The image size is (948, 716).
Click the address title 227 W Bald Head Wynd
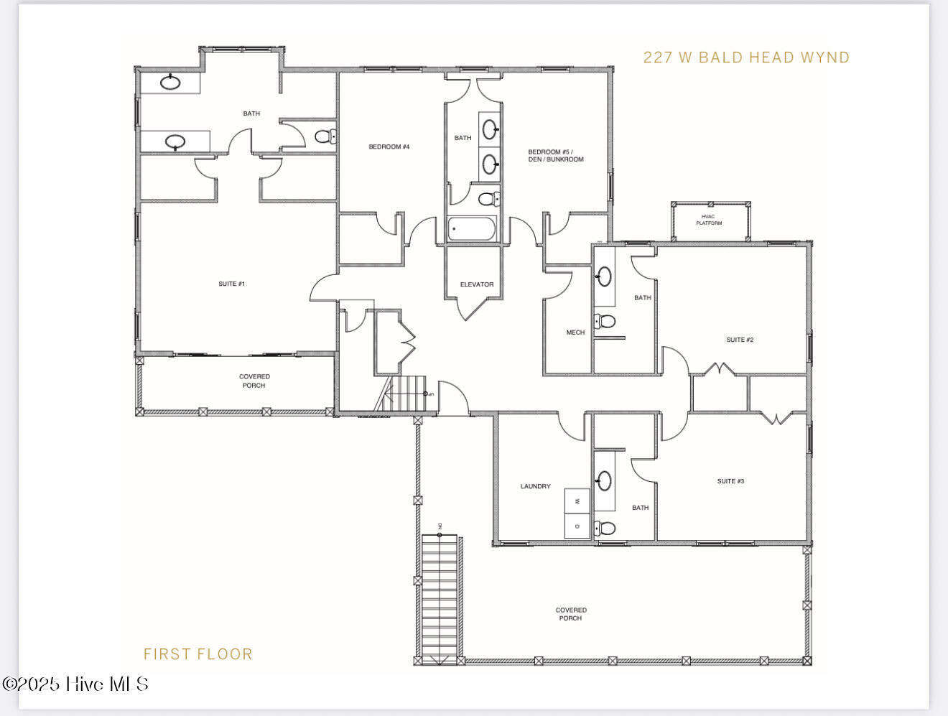tap(746, 57)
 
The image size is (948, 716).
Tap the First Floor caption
tap(198, 654)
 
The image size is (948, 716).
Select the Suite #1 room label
tap(231, 284)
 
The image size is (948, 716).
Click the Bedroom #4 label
tap(389, 147)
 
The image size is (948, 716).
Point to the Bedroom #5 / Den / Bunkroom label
tap(556, 155)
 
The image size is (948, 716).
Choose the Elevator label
tap(476, 284)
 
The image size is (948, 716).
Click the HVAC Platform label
tap(709, 219)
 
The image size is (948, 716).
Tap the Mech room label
tap(575, 333)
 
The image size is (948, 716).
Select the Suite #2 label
tap(740, 340)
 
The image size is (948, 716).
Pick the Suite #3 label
tap(730, 481)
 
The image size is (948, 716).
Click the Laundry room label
tap(535, 486)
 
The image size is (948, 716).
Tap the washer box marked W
tap(577, 501)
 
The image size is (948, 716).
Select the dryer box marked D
tap(577, 526)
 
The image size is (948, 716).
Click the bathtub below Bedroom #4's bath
tap(471, 230)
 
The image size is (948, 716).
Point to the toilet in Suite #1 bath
tap(325, 136)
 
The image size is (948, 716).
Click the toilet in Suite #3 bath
tap(605, 529)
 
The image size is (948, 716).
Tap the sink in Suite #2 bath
tap(605, 276)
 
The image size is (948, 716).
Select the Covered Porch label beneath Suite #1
tap(254, 381)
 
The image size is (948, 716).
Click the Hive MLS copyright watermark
tap(75, 684)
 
